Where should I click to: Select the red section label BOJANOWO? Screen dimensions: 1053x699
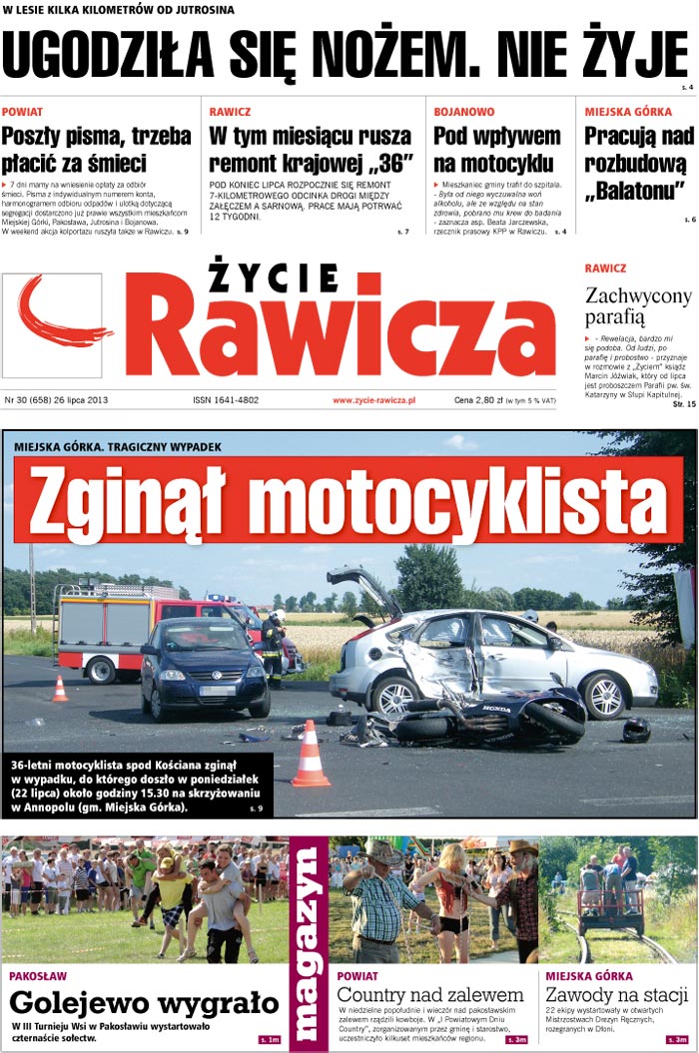point(464,112)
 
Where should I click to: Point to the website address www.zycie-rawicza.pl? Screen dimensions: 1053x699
point(373,400)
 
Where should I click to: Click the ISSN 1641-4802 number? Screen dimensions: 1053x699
point(226,400)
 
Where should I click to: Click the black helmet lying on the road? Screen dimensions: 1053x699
point(636,730)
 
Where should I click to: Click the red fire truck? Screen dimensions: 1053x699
point(110,629)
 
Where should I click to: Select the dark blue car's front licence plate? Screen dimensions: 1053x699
point(217,690)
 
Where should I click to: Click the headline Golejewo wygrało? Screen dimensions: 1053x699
point(144,1002)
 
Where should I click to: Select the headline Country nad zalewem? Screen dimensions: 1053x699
point(430,994)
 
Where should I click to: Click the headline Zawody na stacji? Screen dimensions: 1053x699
point(617,994)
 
